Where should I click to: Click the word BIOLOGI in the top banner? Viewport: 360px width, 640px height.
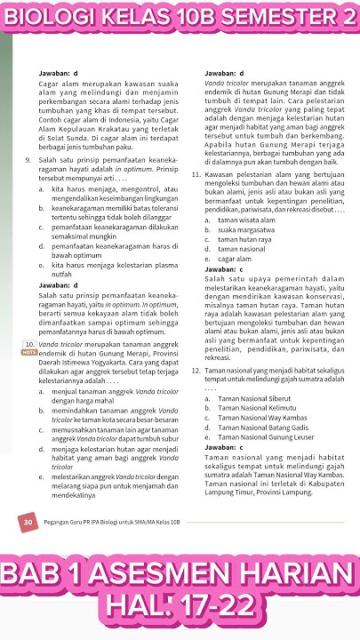(45, 18)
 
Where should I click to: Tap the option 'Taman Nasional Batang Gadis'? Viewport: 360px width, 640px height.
(261, 428)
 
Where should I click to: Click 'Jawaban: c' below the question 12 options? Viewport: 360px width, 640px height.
(223, 447)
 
